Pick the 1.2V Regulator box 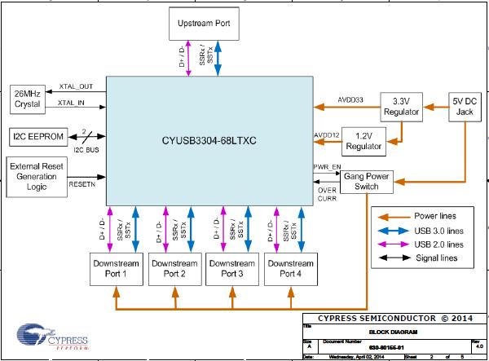(363, 141)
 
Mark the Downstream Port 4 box (290, 269)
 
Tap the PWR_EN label (326, 167)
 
